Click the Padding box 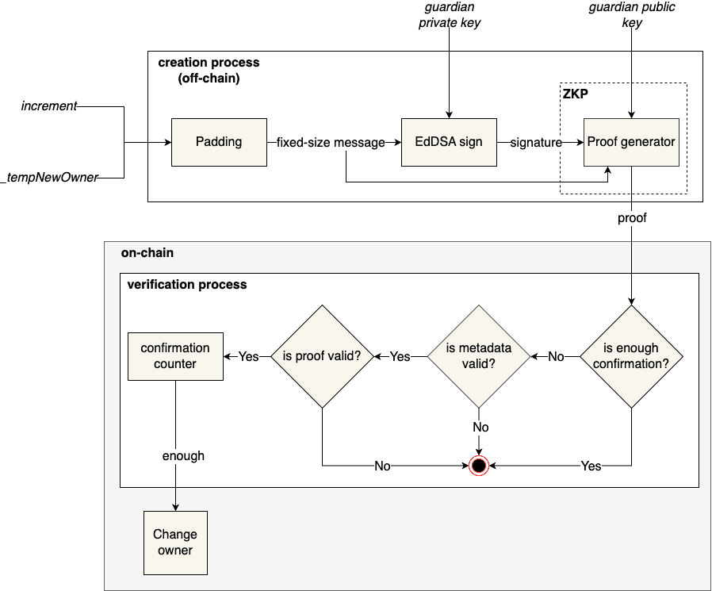coord(219,142)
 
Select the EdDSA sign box coord(449,142)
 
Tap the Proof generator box coord(631,142)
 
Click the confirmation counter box coord(175,356)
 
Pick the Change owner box coord(175,543)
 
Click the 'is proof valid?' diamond coord(322,356)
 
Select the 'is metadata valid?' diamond coord(479,356)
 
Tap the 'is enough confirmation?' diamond coord(631,356)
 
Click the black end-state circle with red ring coord(478,466)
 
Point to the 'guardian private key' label coord(450,15)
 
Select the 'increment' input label coord(49,106)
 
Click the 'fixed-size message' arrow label coord(331,143)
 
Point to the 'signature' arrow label coord(536,143)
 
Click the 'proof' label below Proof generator coord(632,217)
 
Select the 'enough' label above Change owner coord(183,455)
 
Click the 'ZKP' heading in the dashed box coord(576,94)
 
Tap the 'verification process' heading coord(187,284)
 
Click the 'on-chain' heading coord(147,253)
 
